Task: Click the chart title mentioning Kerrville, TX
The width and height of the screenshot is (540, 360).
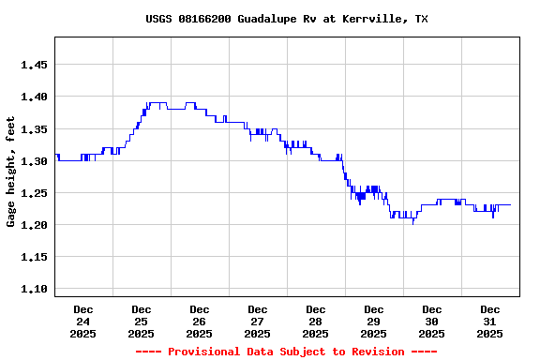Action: coord(286,19)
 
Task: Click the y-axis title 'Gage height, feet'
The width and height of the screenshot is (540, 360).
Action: coord(11,172)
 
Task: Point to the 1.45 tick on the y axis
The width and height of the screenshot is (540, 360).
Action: coord(34,65)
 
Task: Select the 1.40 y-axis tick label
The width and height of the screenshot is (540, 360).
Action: coord(34,97)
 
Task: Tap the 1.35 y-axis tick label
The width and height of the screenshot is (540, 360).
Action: coord(34,129)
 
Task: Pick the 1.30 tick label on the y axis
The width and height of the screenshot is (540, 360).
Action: coord(34,161)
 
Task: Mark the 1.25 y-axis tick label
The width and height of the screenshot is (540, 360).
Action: coord(34,193)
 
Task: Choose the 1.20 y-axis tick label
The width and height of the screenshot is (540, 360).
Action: coord(34,225)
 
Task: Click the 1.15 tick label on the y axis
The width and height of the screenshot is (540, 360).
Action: coord(34,257)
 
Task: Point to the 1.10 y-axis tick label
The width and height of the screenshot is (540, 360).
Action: coord(34,290)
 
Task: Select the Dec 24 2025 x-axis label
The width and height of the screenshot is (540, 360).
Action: coord(83,321)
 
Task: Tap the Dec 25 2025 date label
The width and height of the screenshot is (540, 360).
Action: coord(142,321)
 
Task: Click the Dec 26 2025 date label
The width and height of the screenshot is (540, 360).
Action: coord(200,321)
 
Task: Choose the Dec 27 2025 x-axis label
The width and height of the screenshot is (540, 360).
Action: coord(258,321)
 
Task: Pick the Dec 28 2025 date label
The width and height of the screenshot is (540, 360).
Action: coord(316,321)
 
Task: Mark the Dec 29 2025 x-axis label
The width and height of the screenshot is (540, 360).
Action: coord(374,321)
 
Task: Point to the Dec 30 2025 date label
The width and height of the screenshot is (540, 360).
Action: coord(432,321)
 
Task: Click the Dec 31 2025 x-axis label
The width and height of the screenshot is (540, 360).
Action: coord(490,321)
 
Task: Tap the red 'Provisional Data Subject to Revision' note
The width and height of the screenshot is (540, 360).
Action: coord(286,352)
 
